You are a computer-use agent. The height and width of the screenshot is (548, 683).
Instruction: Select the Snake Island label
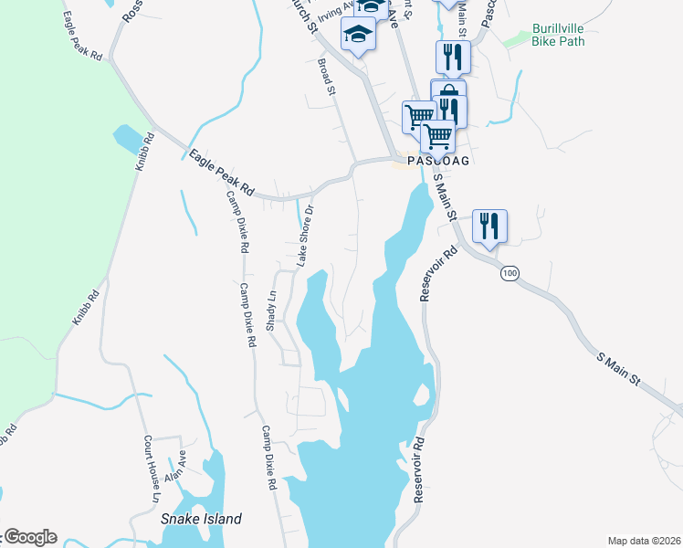pos(201,519)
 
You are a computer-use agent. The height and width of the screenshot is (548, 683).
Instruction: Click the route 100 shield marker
pos(509,273)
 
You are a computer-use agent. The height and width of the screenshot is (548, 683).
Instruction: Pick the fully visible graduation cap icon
pos(359,36)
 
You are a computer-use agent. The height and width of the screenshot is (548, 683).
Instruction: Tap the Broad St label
pos(327,76)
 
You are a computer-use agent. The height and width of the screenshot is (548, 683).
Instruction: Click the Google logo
pos(29,537)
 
